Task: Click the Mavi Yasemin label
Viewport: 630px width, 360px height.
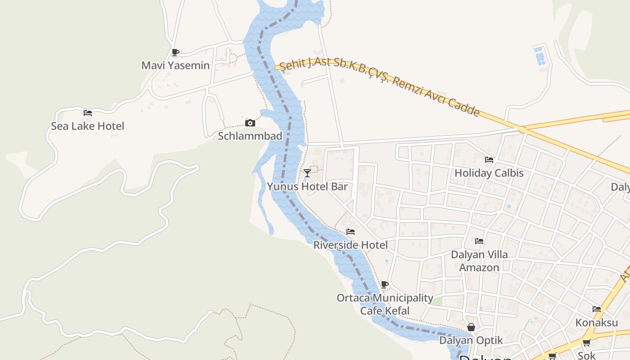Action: [x=175, y=65]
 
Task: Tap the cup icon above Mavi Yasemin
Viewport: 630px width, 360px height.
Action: [x=175, y=52]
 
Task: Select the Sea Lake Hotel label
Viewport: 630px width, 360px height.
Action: [x=87, y=126]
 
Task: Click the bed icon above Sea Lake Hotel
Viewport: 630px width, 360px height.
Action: [x=88, y=112]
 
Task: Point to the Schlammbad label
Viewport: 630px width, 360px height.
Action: [x=250, y=136]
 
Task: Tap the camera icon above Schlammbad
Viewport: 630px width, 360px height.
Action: [x=250, y=123]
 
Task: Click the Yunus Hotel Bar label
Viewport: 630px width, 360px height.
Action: [x=307, y=186]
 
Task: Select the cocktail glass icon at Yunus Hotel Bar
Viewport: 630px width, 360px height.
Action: [x=307, y=173]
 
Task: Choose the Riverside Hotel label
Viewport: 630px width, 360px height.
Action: [x=351, y=245]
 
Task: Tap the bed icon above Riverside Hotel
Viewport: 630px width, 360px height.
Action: [x=351, y=232]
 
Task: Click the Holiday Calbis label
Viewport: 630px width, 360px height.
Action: [x=489, y=173]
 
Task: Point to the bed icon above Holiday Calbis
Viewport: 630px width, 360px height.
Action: [x=489, y=159]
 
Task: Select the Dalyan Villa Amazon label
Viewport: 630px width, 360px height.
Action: [x=479, y=261]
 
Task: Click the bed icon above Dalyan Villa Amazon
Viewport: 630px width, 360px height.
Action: [x=479, y=241]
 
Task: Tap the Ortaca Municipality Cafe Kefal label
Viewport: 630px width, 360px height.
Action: [x=385, y=304]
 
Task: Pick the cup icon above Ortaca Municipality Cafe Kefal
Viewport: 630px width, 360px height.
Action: [x=384, y=284]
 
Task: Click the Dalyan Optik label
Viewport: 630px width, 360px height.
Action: [x=471, y=340]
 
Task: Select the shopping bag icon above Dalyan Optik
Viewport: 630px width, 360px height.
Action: [x=471, y=327]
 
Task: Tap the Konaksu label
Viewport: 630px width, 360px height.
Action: [x=597, y=323]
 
